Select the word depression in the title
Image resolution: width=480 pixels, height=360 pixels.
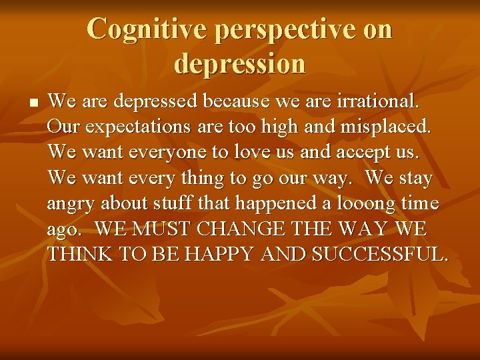tap(240, 63)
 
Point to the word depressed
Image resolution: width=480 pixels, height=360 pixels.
tap(156, 102)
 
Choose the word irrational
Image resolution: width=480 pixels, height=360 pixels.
tap(379, 102)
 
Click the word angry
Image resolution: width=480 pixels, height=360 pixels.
tap(71, 204)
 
